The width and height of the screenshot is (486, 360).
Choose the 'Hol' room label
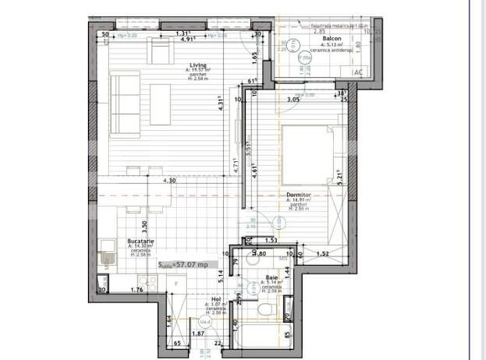point(216,298)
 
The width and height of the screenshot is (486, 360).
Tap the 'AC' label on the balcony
point(357,73)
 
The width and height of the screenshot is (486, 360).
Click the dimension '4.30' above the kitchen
point(169,180)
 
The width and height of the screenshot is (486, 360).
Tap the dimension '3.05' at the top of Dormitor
point(293,100)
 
